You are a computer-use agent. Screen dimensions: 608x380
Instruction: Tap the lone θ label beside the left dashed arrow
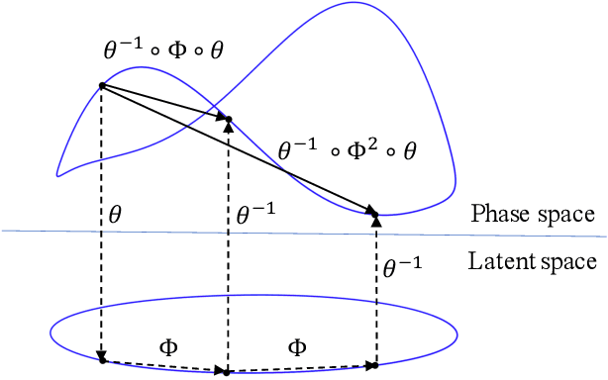(116, 213)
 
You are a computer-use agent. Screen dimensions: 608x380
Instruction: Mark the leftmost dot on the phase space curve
(102, 85)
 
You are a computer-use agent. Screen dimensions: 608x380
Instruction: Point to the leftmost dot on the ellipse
(102, 361)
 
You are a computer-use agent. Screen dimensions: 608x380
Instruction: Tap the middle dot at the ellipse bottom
(228, 372)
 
